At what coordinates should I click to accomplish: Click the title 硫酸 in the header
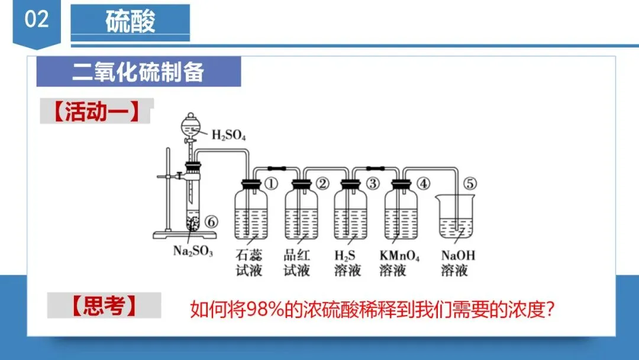click(x=130, y=22)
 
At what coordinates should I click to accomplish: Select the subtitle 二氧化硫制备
click(x=138, y=72)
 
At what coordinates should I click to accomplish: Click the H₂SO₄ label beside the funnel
click(x=228, y=135)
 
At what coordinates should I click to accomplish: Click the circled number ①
click(x=271, y=184)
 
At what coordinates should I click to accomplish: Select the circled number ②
click(x=322, y=184)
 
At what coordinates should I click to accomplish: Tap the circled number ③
click(x=372, y=184)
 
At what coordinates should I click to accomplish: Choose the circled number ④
click(x=422, y=184)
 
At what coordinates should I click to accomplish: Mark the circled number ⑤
click(x=469, y=184)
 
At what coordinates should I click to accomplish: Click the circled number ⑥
click(x=212, y=222)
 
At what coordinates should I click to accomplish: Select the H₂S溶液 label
click(x=347, y=263)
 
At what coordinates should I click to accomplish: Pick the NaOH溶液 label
click(x=458, y=263)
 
